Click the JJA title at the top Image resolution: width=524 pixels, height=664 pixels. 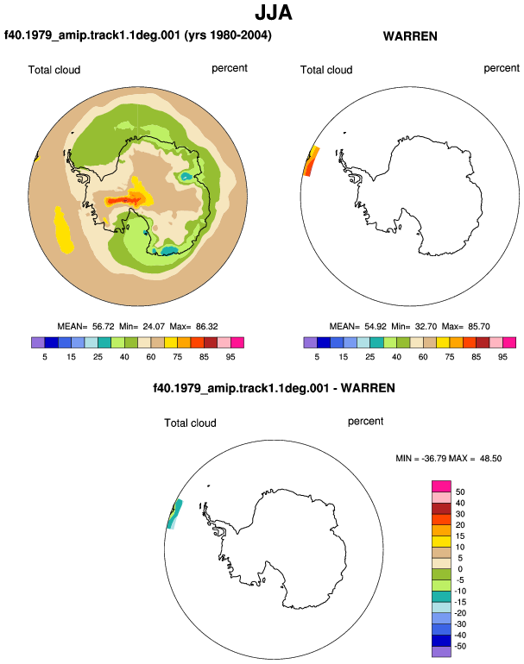point(274,13)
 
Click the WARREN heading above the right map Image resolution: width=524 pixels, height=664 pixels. point(410,36)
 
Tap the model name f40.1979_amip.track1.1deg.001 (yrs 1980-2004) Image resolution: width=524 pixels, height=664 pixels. point(138,34)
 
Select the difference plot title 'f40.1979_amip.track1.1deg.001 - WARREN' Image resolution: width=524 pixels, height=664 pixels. point(274,388)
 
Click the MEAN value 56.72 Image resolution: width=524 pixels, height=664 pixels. point(104,327)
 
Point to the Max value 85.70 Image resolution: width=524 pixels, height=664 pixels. point(478,327)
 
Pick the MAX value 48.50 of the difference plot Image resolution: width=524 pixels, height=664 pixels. point(490,458)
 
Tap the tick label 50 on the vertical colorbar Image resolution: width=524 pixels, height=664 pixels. point(460,492)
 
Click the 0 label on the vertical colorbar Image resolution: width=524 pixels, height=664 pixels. point(460,569)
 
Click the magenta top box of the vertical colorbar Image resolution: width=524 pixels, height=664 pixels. point(441,486)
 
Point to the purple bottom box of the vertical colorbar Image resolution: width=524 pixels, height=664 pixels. point(441,652)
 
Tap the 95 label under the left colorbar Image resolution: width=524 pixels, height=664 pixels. point(230,357)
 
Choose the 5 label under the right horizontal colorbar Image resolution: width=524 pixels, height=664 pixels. point(317,357)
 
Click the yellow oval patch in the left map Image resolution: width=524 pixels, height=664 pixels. point(63,230)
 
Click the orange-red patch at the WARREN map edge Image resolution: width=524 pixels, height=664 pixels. point(311,161)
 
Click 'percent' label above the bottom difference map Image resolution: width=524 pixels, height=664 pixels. point(365,422)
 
